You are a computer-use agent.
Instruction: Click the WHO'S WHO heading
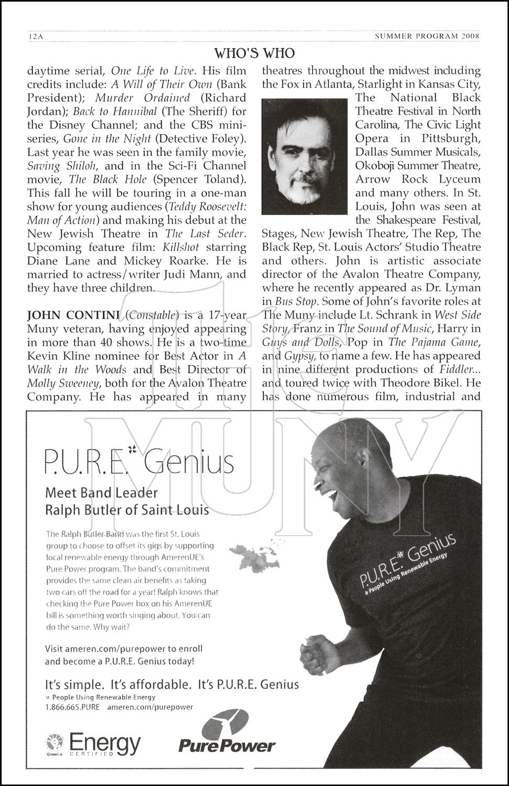click(254, 53)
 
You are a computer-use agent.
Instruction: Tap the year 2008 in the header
click(471, 36)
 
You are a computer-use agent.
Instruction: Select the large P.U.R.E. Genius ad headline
click(139, 463)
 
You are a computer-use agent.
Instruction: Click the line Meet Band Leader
click(101, 493)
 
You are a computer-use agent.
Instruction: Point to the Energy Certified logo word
click(105, 743)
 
